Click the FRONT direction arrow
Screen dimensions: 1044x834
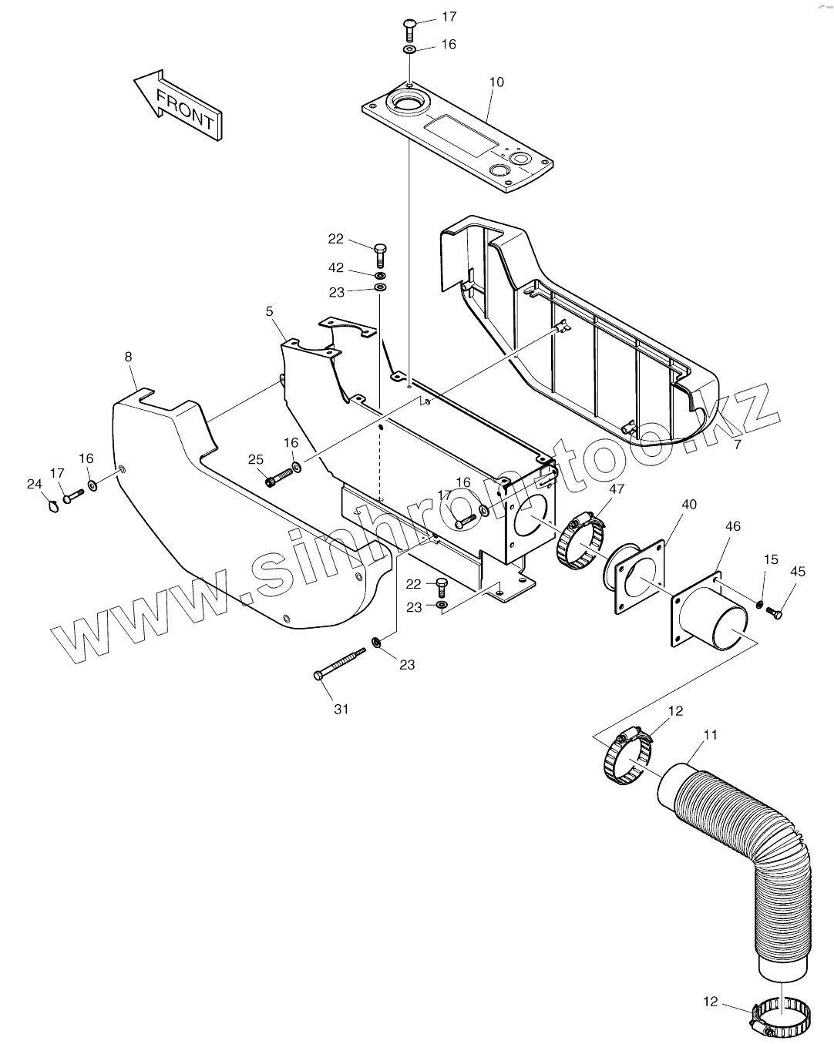(178, 105)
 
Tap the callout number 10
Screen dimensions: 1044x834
(497, 82)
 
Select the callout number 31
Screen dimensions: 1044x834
(341, 710)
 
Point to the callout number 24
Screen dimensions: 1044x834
(33, 485)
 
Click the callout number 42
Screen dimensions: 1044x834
(336, 268)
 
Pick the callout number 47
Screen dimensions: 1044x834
(617, 488)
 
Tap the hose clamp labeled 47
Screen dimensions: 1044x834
(580, 542)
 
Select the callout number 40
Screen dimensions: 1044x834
(689, 505)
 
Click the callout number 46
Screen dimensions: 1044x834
(733, 526)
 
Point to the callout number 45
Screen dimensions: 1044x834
(798, 571)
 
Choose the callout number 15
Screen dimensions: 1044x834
(772, 559)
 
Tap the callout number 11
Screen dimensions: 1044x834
(711, 735)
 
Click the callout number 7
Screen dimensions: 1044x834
(738, 445)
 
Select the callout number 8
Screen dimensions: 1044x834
(128, 357)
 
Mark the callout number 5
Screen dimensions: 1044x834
(269, 311)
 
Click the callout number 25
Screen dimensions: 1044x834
(256, 460)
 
